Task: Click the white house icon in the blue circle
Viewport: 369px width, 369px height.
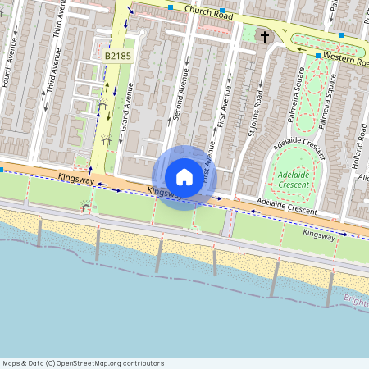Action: click(x=184, y=176)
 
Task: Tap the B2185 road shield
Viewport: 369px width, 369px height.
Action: click(x=117, y=55)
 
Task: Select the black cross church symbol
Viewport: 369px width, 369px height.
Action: click(x=264, y=36)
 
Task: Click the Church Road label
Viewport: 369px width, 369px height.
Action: click(x=209, y=12)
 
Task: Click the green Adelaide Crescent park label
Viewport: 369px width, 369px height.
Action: click(x=294, y=180)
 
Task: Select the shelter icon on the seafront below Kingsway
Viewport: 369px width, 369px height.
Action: click(x=84, y=207)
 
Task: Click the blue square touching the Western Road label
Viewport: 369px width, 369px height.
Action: click(x=318, y=56)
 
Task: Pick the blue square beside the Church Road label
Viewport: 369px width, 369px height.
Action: click(x=170, y=7)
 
